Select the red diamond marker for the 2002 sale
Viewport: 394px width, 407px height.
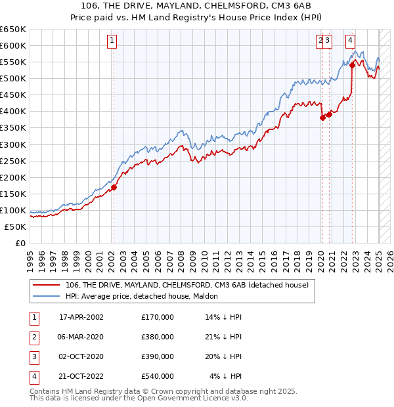(x=114, y=187)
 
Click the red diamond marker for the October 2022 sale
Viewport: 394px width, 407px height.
(x=352, y=65)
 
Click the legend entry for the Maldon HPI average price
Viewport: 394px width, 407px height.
(x=142, y=297)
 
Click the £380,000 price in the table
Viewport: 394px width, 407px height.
(x=158, y=337)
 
